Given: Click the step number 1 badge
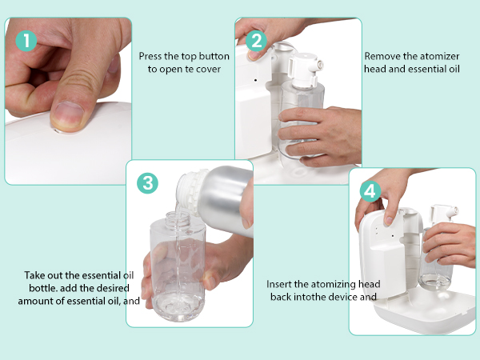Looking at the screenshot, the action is (x=26, y=41).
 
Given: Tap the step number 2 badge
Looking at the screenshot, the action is (x=256, y=41).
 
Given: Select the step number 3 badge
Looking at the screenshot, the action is (x=147, y=183).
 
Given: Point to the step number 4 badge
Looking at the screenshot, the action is (x=370, y=191).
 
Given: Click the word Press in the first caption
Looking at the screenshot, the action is (x=150, y=56).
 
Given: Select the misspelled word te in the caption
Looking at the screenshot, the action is (x=189, y=69).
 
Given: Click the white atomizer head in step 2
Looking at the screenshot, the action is (x=306, y=70).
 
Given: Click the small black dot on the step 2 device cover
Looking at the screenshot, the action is (x=256, y=80).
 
